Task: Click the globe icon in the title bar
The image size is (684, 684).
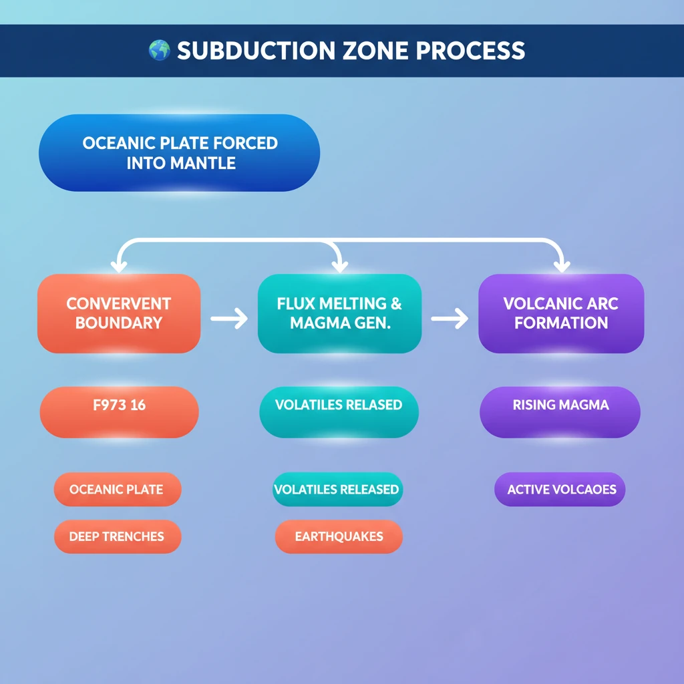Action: click(x=159, y=51)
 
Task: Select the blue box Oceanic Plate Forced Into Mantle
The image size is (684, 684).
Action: click(x=179, y=153)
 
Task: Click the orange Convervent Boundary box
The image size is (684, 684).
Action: click(x=119, y=313)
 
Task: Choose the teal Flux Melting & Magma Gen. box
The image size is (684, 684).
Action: click(x=339, y=313)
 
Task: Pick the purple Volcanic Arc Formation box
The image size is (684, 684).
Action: click(x=561, y=313)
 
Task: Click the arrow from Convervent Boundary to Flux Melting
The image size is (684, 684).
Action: click(x=229, y=319)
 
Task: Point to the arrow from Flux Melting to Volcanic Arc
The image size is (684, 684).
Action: click(x=450, y=319)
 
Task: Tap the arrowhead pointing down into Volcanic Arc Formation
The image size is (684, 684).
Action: click(x=561, y=266)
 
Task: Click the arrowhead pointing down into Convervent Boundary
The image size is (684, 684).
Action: click(x=119, y=266)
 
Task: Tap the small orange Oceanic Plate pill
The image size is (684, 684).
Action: click(x=117, y=490)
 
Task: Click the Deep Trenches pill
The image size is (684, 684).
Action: click(x=117, y=537)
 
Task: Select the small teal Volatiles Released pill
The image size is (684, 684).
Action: click(x=337, y=490)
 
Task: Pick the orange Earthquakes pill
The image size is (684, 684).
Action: click(x=339, y=537)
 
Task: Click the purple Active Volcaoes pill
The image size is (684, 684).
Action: click(x=560, y=490)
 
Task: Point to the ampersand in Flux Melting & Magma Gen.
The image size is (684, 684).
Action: click(x=395, y=304)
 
